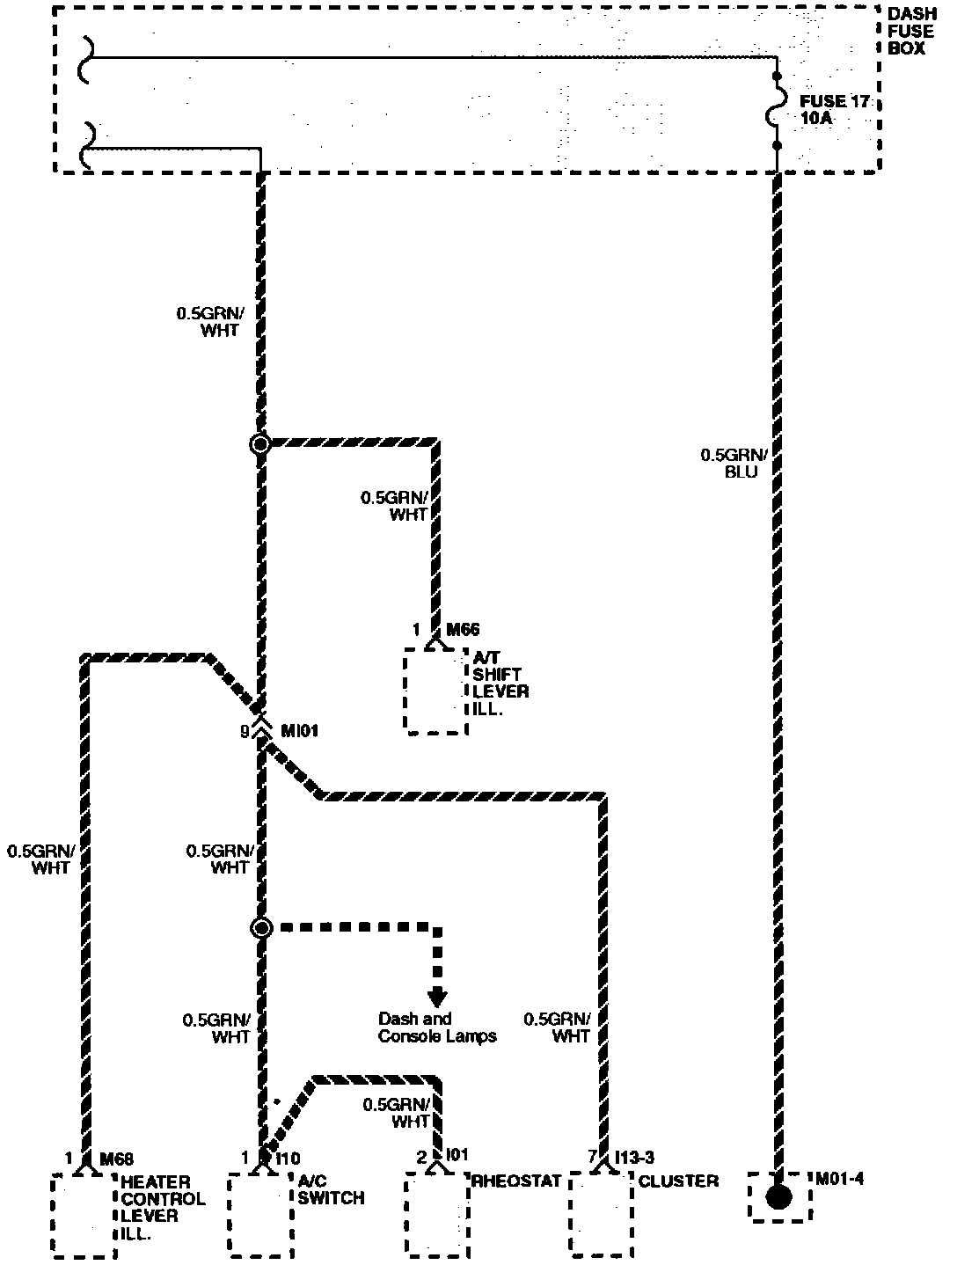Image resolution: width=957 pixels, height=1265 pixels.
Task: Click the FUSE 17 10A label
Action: pos(834,109)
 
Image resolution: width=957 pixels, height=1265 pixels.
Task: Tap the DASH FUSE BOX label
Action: pos(911,32)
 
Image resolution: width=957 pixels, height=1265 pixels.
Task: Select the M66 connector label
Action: pos(464,630)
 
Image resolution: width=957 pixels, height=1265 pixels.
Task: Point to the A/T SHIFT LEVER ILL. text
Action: pos(500,683)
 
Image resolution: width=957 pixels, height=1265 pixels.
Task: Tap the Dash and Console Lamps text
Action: pos(437,1027)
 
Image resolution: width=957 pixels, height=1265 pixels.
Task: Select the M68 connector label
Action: pos(116,1159)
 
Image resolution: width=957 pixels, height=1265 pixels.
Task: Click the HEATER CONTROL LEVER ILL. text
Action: pos(163,1208)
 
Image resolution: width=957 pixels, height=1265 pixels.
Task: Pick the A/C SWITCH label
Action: pos(330,1190)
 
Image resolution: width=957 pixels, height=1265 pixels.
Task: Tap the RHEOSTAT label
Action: pos(517,1181)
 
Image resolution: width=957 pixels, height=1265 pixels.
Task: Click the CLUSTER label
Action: pos(678,1181)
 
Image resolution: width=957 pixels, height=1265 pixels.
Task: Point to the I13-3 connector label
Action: pos(633,1158)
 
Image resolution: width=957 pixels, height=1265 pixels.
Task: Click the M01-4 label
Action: pos(839,1179)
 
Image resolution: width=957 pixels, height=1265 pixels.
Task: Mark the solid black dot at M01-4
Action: pos(778,1197)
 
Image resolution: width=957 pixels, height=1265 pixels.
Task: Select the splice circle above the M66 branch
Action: pos(260,443)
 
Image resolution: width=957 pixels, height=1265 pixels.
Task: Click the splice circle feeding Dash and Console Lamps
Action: pos(261,928)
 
